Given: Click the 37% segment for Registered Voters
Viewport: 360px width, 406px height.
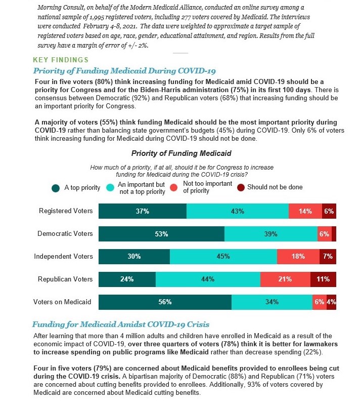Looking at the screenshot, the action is point(143,211).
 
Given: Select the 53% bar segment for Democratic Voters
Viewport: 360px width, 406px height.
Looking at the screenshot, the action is point(161,234).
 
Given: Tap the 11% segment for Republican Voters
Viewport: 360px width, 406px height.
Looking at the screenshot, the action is point(323,279).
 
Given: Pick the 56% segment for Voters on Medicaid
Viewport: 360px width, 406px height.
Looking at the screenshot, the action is point(165,302).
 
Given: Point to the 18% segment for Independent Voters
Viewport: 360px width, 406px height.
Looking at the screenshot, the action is point(298,257).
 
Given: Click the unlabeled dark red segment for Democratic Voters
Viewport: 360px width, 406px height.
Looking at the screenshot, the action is point(334,234).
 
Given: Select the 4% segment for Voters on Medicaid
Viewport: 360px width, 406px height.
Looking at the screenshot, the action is point(331,302).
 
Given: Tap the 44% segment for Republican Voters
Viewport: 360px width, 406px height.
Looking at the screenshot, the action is point(208,279).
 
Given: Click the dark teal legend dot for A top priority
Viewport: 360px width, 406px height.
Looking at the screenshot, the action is point(56,188).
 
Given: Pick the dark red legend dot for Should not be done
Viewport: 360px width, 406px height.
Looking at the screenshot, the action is point(241,188).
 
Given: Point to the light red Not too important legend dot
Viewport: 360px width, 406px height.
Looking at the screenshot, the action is point(174,187).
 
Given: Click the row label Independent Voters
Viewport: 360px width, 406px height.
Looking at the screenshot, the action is point(63,256).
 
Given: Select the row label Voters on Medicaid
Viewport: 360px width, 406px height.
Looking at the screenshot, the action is point(62,302).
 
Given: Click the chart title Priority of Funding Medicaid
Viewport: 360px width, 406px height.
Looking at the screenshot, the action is point(182,153).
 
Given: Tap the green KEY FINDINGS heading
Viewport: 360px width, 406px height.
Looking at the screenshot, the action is point(61,60).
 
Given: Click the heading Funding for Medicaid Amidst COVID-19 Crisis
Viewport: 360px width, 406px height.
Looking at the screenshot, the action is point(121,324).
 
